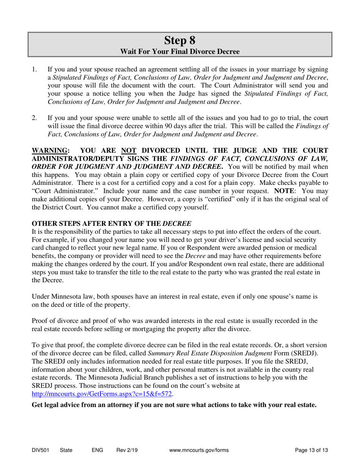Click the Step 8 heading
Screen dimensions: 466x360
coord(180,40)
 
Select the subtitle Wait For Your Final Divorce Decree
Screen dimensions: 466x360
coord(180,51)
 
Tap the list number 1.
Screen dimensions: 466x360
coord(34,69)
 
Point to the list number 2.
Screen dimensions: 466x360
coord(34,117)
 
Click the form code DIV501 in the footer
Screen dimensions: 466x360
coord(40,450)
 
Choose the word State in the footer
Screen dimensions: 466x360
coord(66,450)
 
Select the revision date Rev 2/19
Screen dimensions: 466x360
coord(127,450)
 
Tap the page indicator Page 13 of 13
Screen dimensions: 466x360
coord(311,450)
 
